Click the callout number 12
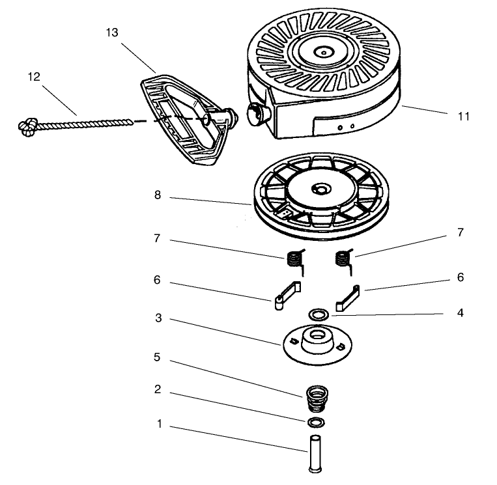point(34,77)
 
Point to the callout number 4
point(461,313)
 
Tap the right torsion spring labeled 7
point(343,260)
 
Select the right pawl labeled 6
point(348,298)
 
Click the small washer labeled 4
point(317,315)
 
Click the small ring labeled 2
point(316,423)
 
